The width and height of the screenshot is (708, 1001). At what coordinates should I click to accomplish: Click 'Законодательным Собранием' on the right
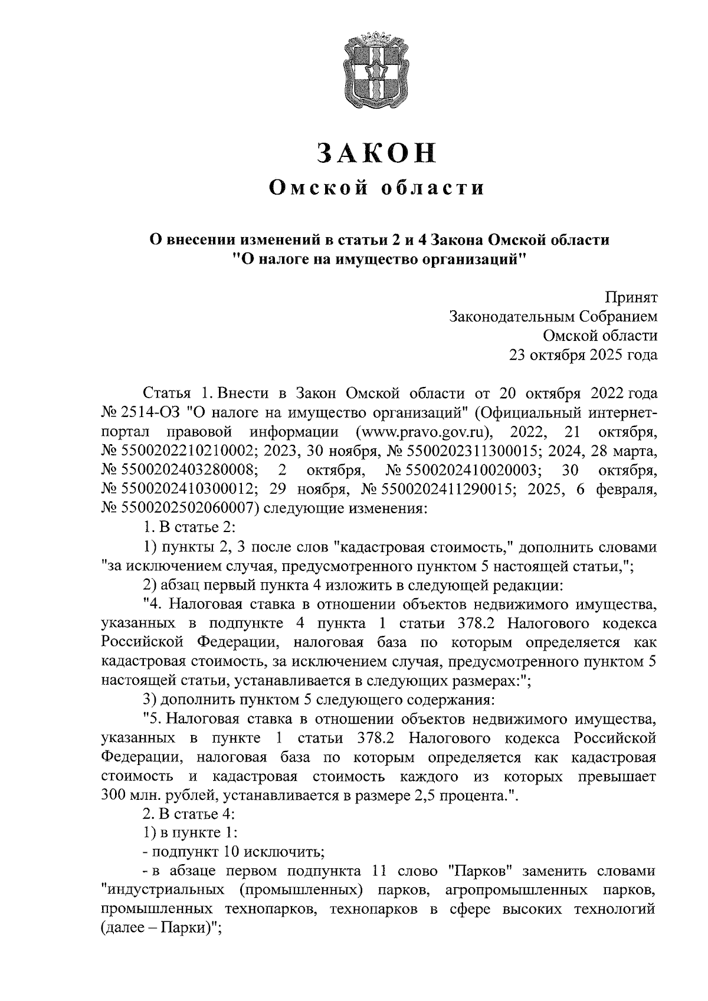tap(553, 317)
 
